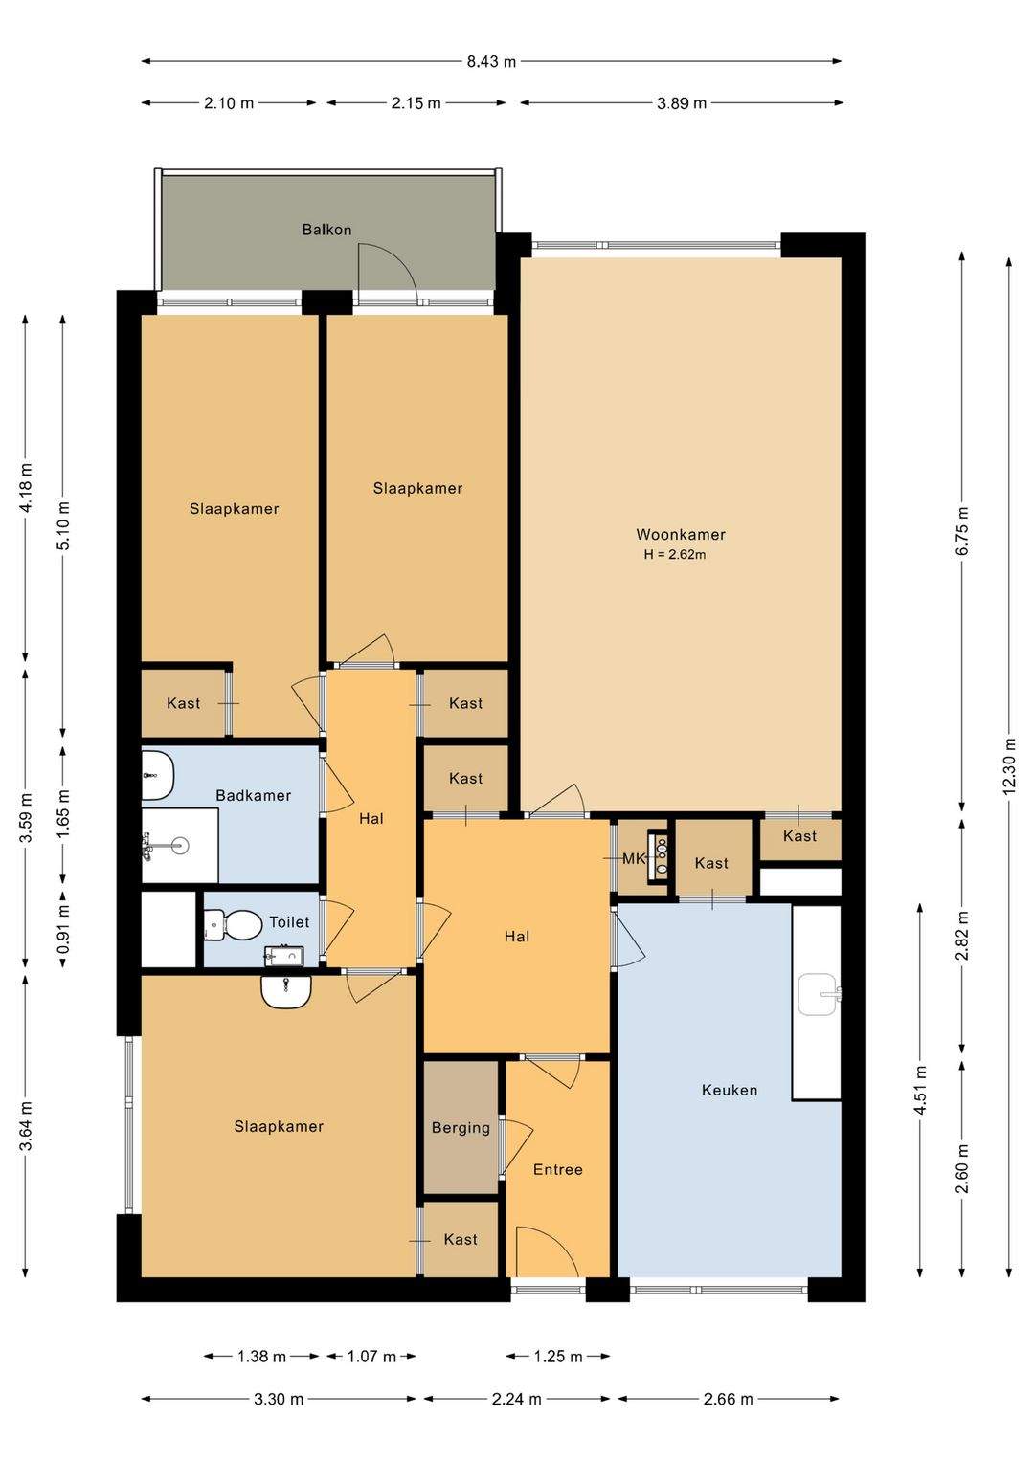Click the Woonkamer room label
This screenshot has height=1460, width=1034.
pos(681,535)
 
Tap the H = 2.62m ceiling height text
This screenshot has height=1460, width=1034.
pos(675,555)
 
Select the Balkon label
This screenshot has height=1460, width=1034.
pos(326,230)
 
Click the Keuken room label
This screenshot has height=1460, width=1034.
pos(730,1090)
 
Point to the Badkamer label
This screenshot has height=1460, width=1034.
pos(253,795)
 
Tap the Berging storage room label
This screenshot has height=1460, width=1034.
pos(461,1128)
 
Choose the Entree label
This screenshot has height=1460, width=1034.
pos(558,1169)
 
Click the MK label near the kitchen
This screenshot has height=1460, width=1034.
pos(633,859)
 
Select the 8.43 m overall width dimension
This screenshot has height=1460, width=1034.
pos(491,62)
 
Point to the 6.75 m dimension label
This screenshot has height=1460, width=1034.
pos(962,531)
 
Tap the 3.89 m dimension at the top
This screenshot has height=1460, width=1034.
pos(682,103)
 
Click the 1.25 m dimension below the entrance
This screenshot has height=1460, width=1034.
pos(558,1357)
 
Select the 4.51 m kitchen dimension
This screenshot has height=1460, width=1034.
pos(920,1091)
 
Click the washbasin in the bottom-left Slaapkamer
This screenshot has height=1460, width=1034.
pos(285,991)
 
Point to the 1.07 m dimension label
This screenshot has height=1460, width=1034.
pos(371,1357)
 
